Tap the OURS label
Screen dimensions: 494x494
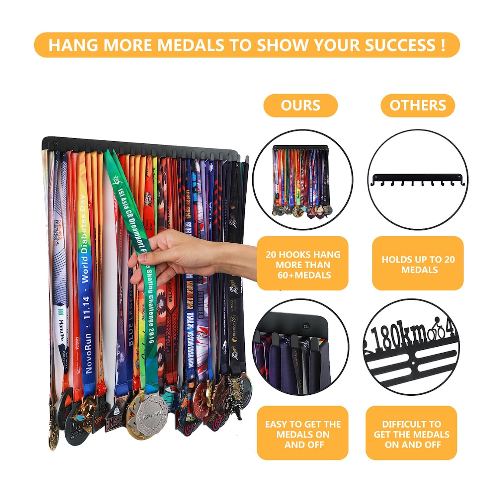tap(300, 105)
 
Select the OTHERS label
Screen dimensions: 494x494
tap(417, 105)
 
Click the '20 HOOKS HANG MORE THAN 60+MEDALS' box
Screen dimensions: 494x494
tap(302, 264)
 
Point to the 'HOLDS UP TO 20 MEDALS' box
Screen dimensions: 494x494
tap(418, 264)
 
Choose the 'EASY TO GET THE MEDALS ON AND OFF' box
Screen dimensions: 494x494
tap(302, 434)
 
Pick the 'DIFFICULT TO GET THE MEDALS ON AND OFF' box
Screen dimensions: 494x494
tap(411, 434)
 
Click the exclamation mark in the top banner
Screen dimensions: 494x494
tap(442, 45)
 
